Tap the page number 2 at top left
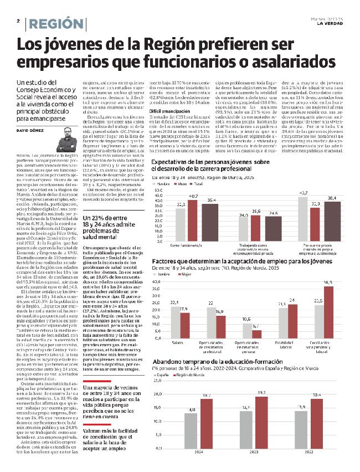point(18,20)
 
